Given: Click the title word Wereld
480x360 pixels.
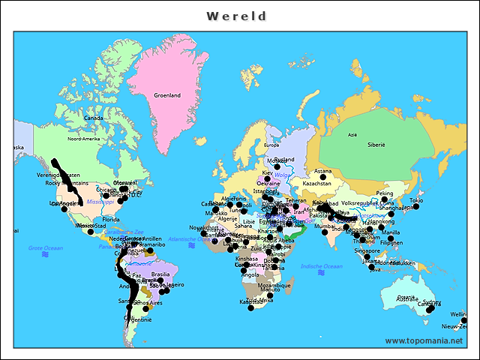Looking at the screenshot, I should click(x=236, y=16).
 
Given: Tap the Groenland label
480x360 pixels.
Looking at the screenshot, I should click(x=167, y=95).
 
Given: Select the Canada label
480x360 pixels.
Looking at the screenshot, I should click(x=93, y=118).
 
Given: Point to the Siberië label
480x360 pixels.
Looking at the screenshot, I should click(x=375, y=144).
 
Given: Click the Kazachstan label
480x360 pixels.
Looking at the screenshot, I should click(x=316, y=183).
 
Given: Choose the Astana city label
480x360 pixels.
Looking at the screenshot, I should click(x=322, y=171).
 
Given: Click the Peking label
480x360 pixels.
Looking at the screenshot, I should click(x=384, y=193).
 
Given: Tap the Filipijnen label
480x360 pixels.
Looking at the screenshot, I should click(x=391, y=242).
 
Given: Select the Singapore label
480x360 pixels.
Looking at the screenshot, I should click(x=367, y=251).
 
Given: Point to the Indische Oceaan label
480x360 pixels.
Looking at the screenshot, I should click(x=321, y=266).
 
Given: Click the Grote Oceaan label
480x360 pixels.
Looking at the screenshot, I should click(x=45, y=247).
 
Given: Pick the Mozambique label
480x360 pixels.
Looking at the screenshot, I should click(x=275, y=285).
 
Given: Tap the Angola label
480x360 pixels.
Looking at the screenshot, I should click(x=250, y=274).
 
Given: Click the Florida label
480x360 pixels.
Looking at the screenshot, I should click(x=110, y=219).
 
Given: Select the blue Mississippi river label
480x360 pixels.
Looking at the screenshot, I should click(x=100, y=202).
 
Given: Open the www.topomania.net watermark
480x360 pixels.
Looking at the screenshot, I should click(x=423, y=340).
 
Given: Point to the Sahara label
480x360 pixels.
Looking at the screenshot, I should click(x=243, y=225).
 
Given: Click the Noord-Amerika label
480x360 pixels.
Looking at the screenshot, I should click(x=83, y=139).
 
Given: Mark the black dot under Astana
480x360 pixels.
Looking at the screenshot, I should click(x=323, y=178).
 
